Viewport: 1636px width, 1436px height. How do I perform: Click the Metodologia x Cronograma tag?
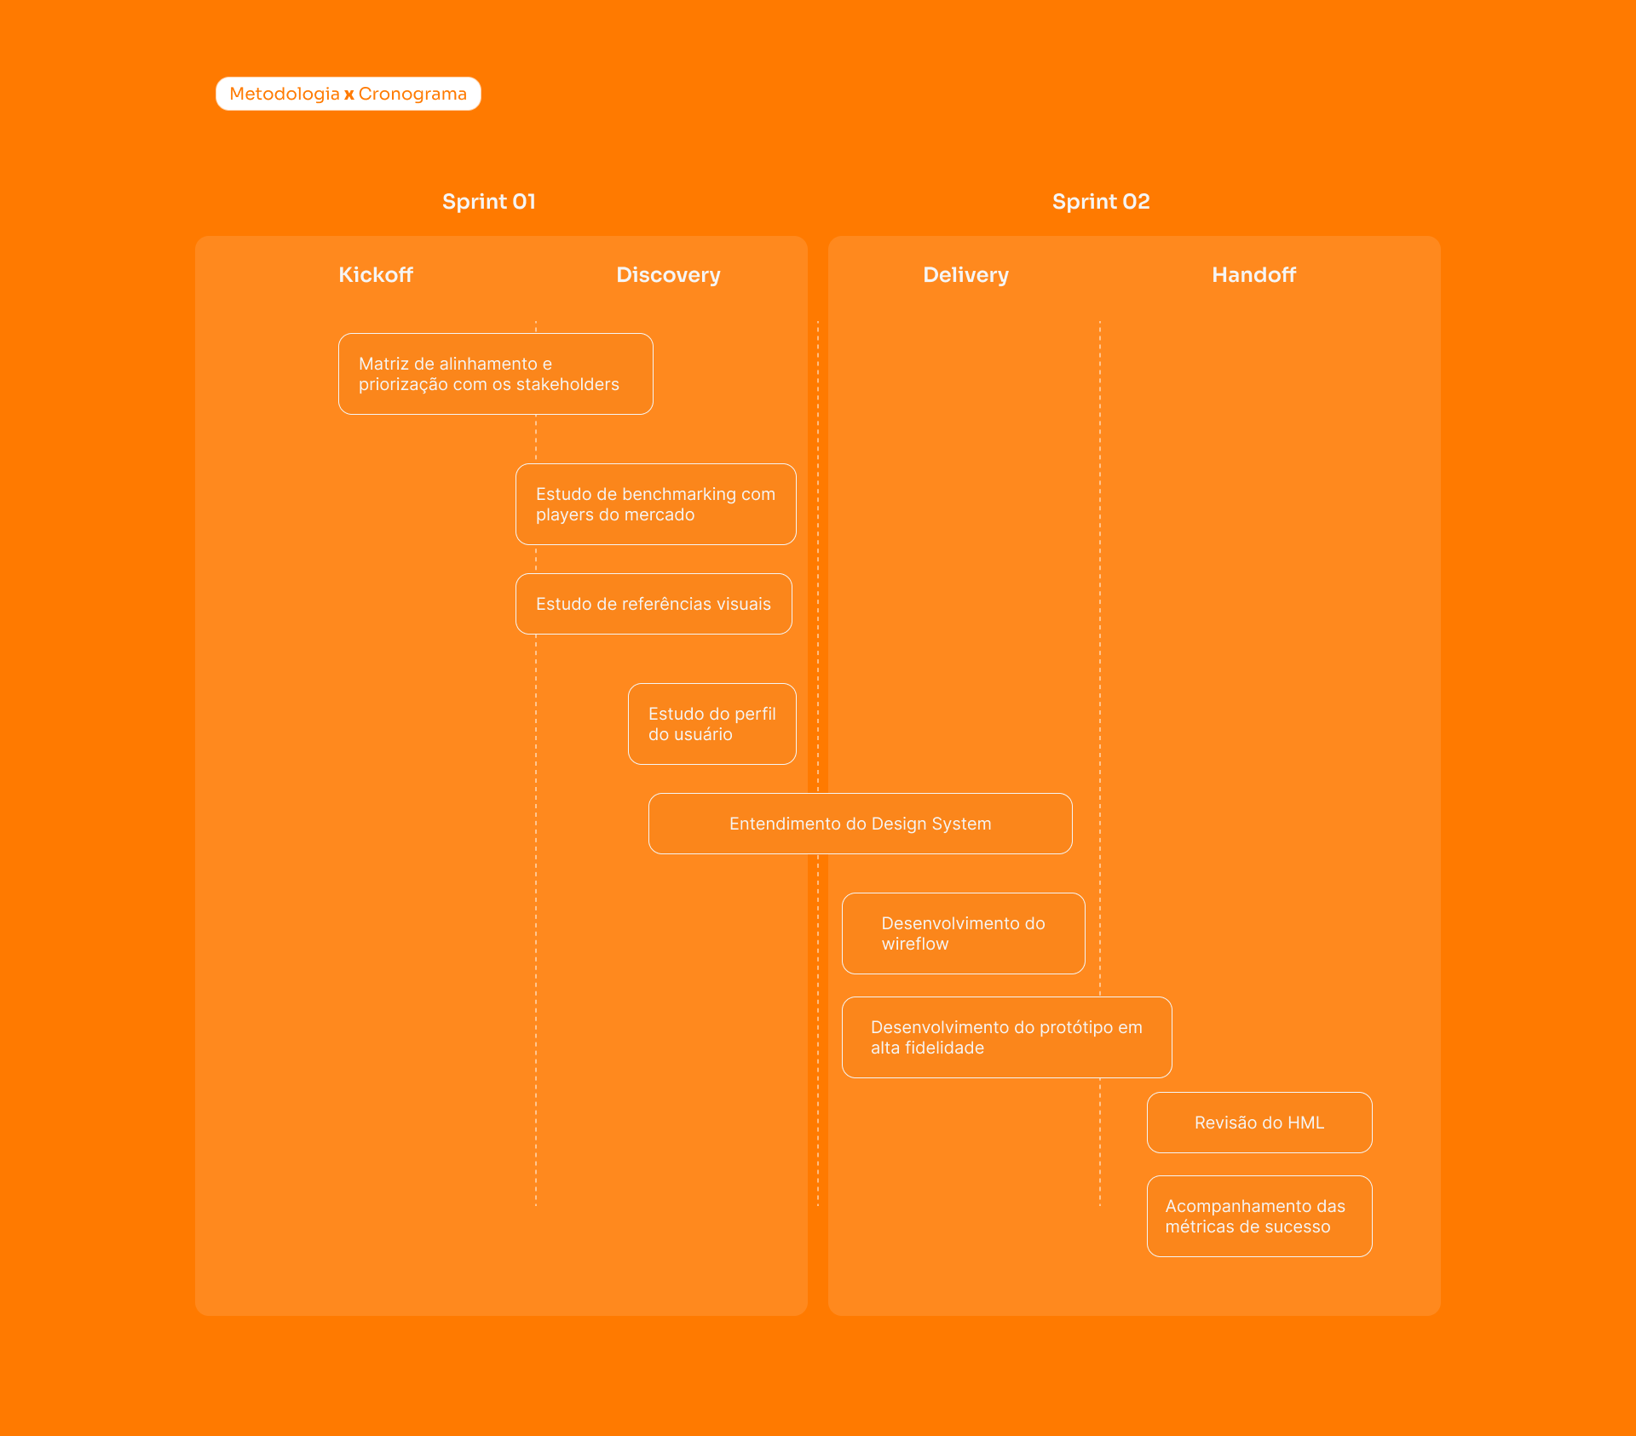pyautogui.click(x=348, y=94)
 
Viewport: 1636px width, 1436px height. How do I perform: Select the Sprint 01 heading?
pyautogui.click(x=489, y=202)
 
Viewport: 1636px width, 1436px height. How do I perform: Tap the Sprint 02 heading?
pyautogui.click(x=1101, y=202)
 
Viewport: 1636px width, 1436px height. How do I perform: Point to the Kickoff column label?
pyautogui.click(x=376, y=275)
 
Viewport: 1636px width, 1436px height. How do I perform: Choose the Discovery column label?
pyautogui.click(x=668, y=275)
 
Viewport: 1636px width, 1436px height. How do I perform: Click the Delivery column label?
pyautogui.click(x=965, y=275)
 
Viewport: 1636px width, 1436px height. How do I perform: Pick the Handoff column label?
pyautogui.click(x=1253, y=275)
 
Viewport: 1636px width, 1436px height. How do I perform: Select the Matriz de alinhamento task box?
pyautogui.click(x=496, y=374)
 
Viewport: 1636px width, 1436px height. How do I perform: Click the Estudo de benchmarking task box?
pyautogui.click(x=656, y=504)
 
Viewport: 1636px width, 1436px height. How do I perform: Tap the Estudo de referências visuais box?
pyautogui.click(x=654, y=604)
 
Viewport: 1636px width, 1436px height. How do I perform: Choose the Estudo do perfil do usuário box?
pyautogui.click(x=712, y=724)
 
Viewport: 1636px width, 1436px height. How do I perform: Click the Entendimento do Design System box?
pyautogui.click(x=861, y=824)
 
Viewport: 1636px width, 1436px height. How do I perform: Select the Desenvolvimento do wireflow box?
pyautogui.click(x=964, y=933)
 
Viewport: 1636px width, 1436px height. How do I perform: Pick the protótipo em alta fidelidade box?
pyautogui.click(x=1007, y=1037)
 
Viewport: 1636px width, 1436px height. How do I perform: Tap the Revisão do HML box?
pyautogui.click(x=1259, y=1123)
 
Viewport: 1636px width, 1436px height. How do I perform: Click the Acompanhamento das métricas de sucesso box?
pyautogui.click(x=1259, y=1216)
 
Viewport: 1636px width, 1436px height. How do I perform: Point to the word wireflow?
pyautogui.click(x=915, y=944)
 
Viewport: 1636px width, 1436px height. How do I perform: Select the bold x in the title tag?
pyautogui.click(x=349, y=95)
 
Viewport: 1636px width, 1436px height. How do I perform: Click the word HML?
pyautogui.click(x=1305, y=1123)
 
